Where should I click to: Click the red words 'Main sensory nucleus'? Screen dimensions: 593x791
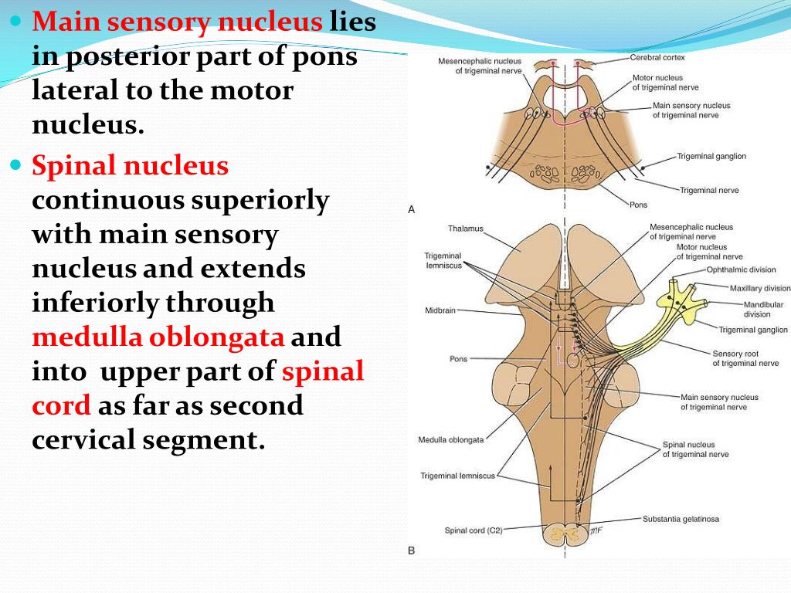point(177,22)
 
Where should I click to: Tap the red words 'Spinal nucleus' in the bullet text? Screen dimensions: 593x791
point(131,165)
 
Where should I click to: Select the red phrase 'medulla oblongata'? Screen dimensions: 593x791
point(158,338)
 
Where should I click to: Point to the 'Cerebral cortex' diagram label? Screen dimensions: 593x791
point(657,57)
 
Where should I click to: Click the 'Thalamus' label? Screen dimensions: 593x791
point(465,229)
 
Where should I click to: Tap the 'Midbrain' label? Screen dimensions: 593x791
point(440,310)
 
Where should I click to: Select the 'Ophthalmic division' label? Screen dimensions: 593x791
point(742,270)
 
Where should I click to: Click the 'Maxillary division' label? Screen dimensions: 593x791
point(760,289)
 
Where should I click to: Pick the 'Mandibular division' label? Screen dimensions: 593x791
point(762,310)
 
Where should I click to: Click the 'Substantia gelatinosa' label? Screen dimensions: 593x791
point(681,519)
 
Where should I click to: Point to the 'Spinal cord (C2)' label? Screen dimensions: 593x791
point(474,530)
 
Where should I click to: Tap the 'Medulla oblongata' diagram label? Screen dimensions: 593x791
point(451,440)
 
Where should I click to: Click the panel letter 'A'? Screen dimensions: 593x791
point(412,209)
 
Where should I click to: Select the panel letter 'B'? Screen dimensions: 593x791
point(411,551)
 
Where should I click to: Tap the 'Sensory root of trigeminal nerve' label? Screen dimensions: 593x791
point(745,358)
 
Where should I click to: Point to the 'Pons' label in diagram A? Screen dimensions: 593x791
point(638,205)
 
